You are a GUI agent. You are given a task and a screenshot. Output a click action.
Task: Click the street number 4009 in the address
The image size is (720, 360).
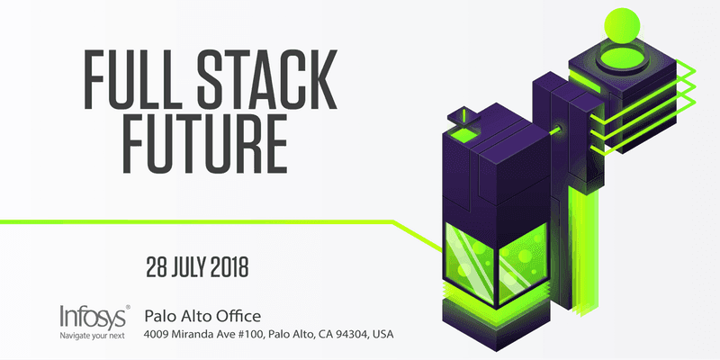(158, 335)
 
